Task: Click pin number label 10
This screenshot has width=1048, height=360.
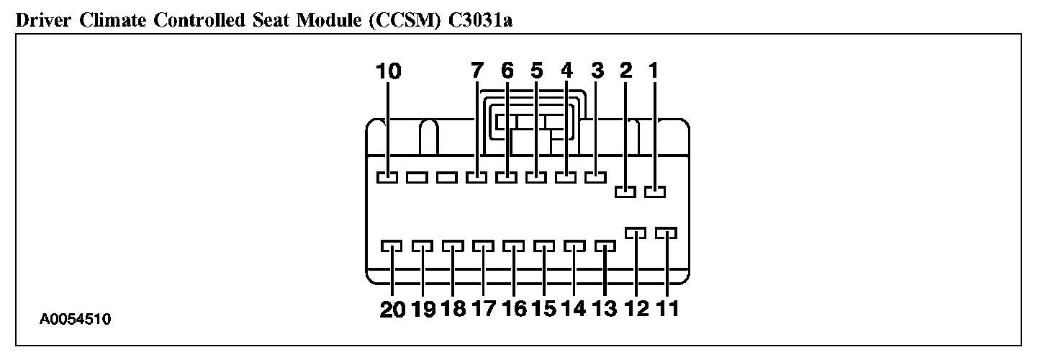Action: [389, 71]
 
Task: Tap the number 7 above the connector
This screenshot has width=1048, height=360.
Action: [476, 71]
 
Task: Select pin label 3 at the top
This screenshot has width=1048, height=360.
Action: [597, 71]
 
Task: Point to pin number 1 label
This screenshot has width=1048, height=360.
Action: [654, 71]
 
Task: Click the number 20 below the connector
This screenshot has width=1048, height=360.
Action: [393, 309]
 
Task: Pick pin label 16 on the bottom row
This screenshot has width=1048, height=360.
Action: [515, 309]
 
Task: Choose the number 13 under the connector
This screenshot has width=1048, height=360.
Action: [606, 309]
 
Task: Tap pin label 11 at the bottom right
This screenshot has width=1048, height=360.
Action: [667, 309]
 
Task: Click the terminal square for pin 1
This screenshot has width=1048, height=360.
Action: [655, 191]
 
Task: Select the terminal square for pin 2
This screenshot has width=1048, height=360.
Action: [625, 191]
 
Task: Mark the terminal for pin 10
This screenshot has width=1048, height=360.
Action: [387, 176]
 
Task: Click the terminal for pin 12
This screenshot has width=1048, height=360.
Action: [636, 233]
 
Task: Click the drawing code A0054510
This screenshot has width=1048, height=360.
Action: [76, 318]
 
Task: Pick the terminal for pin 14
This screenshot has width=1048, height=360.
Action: [574, 247]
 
